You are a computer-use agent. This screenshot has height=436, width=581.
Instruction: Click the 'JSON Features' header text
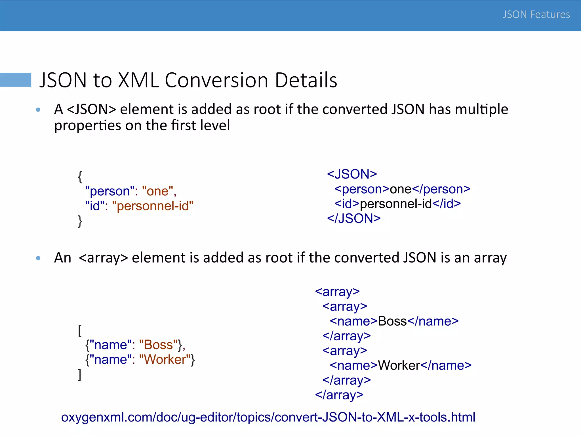536,14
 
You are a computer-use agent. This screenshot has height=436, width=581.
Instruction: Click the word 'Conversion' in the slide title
216,80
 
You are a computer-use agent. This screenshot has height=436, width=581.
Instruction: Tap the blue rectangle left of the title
16,80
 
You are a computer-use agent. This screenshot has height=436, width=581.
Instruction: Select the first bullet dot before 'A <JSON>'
38,110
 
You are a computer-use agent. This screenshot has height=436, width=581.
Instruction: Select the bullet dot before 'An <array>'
38,258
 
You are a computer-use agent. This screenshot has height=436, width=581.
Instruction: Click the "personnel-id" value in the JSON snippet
153,206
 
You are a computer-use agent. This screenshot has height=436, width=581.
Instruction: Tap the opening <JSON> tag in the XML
352,174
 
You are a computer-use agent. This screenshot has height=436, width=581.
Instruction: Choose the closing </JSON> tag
354,219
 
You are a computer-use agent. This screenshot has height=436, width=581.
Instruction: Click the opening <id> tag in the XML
347,204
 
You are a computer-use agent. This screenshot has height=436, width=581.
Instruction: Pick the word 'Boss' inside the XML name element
392,321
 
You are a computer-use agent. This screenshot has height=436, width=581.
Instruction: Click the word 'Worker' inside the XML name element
399,366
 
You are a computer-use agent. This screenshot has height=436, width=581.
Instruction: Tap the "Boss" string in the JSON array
158,345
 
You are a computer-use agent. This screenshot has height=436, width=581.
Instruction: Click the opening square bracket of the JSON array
80,331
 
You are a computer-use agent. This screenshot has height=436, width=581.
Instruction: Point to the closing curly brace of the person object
80,221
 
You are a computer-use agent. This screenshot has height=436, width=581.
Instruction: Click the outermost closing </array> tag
339,395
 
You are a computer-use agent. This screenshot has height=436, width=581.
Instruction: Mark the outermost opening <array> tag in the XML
337,292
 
